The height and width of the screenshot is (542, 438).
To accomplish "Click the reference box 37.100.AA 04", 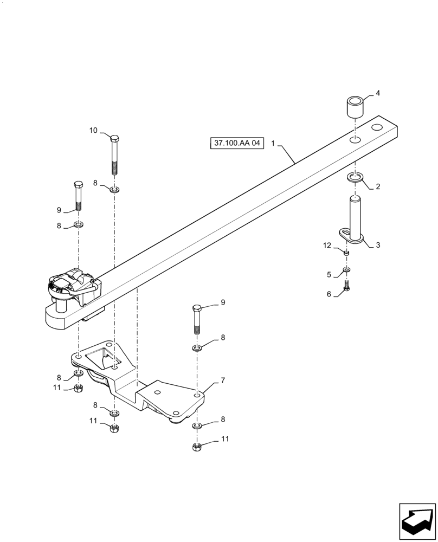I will click(237, 144).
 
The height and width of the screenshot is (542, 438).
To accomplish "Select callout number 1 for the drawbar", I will click(274, 144).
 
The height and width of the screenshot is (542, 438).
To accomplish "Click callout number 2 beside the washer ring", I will click(378, 186).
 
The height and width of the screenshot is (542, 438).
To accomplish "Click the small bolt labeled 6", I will click(347, 288).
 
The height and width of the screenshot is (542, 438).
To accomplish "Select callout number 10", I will click(93, 131).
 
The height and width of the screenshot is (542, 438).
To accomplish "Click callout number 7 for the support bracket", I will click(222, 380).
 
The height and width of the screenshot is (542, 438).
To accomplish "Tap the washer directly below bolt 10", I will click(114, 190).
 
